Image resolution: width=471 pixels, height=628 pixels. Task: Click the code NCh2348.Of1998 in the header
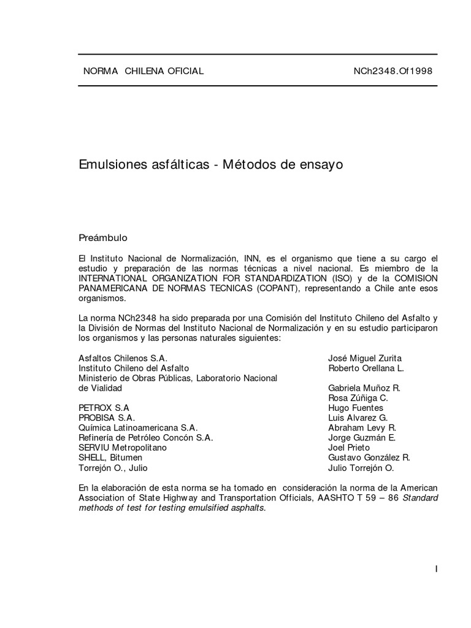[393, 71]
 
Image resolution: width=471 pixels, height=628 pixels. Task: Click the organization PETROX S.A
[104, 408]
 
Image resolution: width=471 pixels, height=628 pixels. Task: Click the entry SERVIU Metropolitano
[123, 448]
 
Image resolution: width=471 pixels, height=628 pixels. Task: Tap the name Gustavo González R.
[369, 458]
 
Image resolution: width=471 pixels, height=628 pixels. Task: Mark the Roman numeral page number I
[436, 569]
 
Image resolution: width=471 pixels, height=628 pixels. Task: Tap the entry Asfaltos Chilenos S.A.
[123, 358]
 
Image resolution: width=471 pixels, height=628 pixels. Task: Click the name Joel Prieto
[349, 448]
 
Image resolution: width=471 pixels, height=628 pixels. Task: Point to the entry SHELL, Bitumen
[110, 458]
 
